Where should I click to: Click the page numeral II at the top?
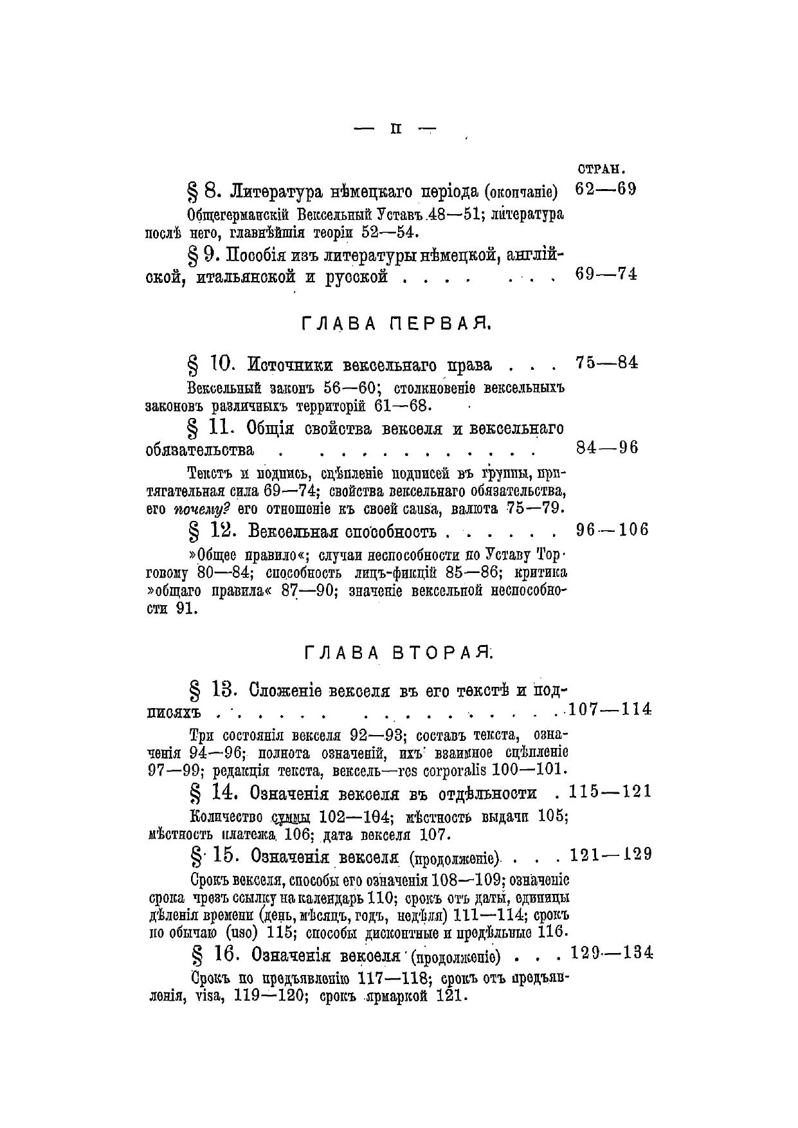395,129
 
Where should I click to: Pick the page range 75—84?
607,363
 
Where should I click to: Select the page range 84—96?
607,448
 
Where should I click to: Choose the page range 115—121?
610,792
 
